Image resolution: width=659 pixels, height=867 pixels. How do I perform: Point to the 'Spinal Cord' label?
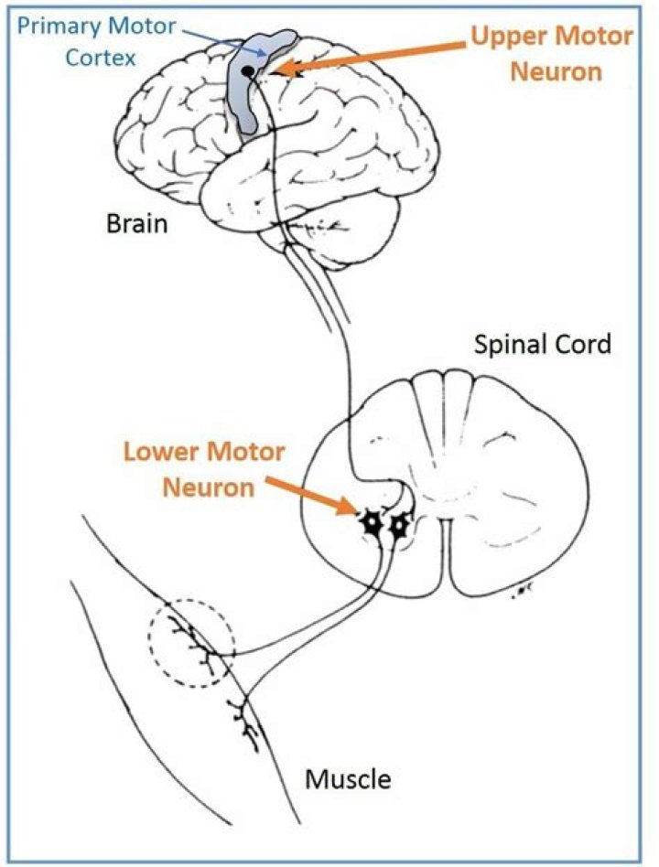(x=542, y=345)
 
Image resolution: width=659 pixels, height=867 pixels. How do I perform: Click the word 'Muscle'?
(x=347, y=779)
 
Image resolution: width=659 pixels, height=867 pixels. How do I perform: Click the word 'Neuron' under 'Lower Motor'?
(x=209, y=487)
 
